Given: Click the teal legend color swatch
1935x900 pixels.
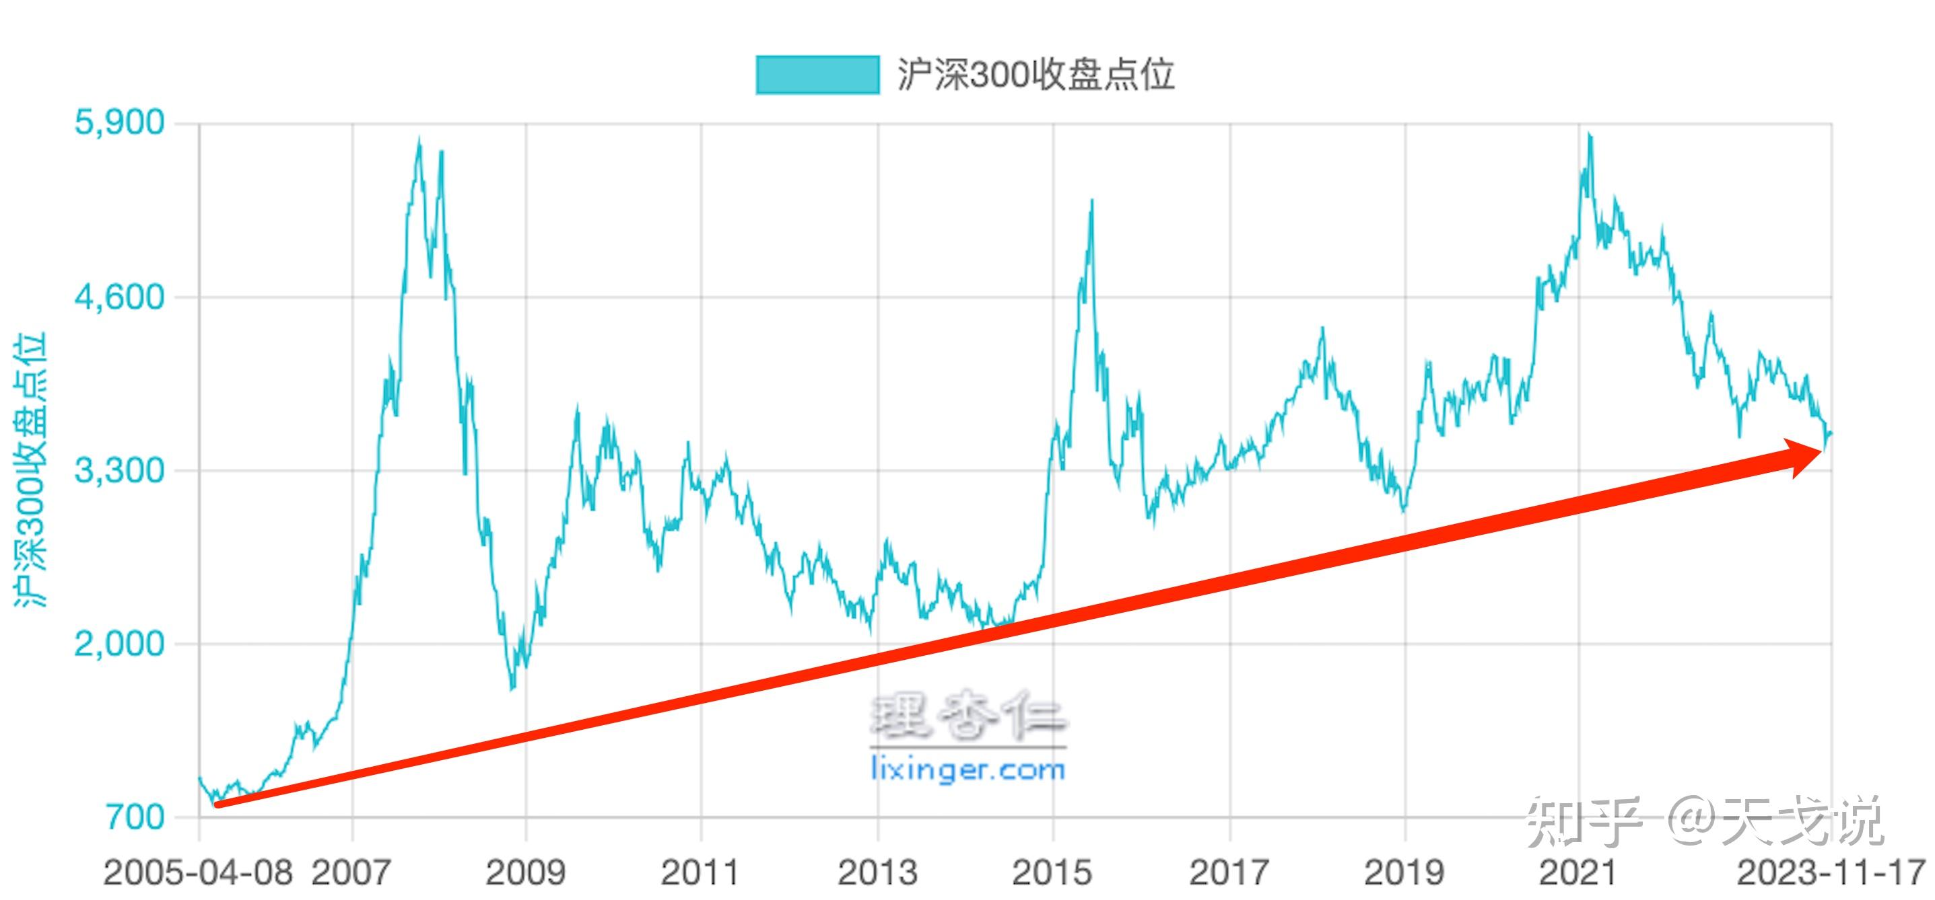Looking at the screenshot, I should click(x=817, y=75).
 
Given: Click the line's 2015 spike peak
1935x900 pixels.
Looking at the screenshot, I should click(x=1091, y=201).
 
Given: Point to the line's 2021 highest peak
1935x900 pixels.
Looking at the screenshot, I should click(x=1590, y=135).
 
